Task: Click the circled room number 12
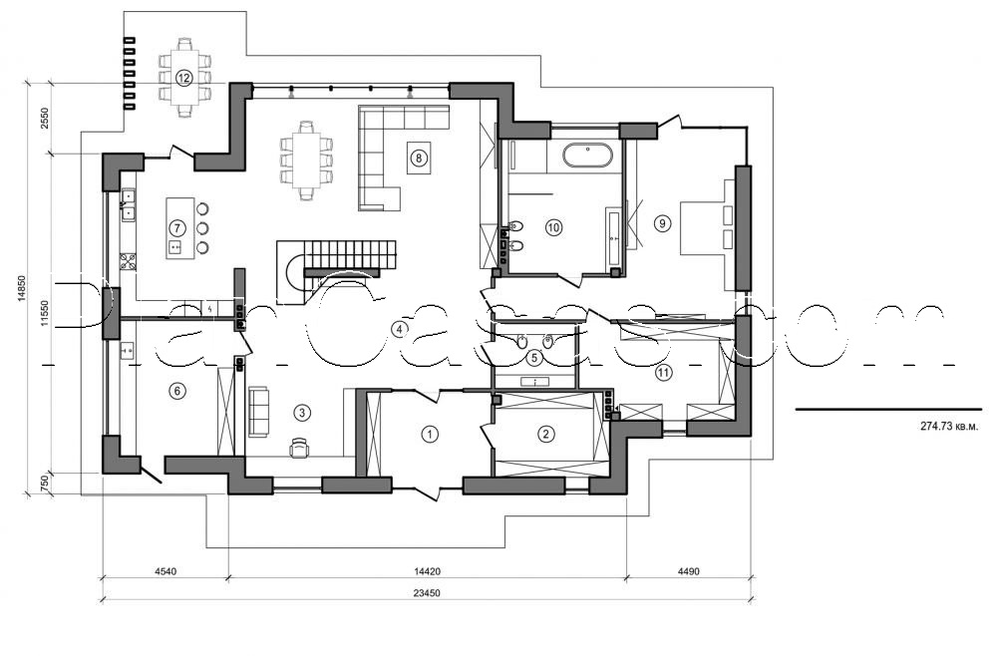click(183, 77)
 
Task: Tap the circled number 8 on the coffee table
click(419, 157)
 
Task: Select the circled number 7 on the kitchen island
click(176, 227)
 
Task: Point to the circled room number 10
click(553, 227)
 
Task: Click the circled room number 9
click(662, 223)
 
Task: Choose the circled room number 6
click(176, 391)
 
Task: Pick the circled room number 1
click(430, 434)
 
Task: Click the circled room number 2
click(545, 434)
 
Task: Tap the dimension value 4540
click(166, 573)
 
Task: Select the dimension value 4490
click(689, 573)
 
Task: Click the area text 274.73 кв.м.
click(948, 426)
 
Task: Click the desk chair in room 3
click(299, 449)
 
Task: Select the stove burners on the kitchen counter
click(128, 262)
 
